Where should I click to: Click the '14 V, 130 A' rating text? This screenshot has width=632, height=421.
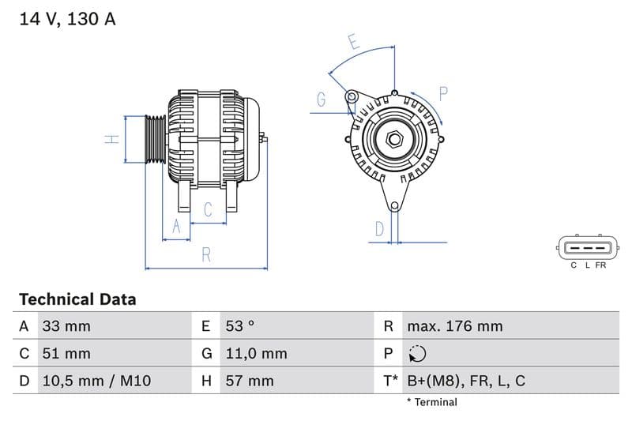(67, 19)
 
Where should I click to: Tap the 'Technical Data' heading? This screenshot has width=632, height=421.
(77, 299)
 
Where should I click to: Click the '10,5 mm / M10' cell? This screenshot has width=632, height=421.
(96, 381)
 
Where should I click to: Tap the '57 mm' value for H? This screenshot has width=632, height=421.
(249, 381)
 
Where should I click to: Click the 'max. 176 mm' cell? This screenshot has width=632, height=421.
(454, 326)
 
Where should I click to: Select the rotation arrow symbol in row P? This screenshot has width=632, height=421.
(416, 354)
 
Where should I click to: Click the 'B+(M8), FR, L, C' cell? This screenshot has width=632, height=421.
(466, 381)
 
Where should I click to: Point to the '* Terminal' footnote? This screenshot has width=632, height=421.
(432, 402)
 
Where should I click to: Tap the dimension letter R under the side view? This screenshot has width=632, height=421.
(206, 254)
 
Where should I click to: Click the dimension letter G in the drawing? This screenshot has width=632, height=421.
(322, 100)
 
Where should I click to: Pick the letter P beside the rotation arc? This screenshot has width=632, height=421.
(443, 94)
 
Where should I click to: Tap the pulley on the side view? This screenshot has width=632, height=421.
(156, 140)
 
